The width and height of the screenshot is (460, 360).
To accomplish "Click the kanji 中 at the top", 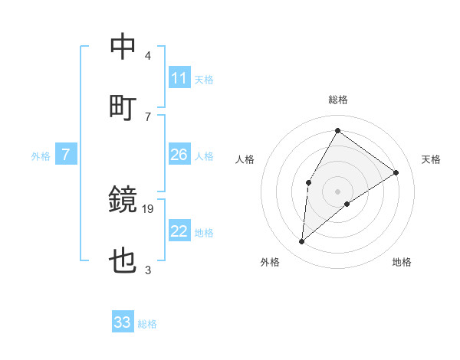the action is pyautogui.click(x=123, y=47).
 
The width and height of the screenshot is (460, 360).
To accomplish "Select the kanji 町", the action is pyautogui.click(x=123, y=108).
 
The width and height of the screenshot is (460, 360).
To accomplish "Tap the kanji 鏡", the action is pyautogui.click(x=123, y=200).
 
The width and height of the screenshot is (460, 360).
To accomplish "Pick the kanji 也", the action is pyautogui.click(x=123, y=261).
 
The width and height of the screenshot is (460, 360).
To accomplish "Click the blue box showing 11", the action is pyautogui.click(x=179, y=78).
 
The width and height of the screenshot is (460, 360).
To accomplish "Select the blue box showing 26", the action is pyautogui.click(x=179, y=155).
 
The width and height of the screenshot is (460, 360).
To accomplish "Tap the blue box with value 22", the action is pyautogui.click(x=179, y=231).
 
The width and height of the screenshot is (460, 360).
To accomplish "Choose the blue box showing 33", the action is pyautogui.click(x=123, y=322).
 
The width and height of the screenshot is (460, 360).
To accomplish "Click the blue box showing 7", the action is pyautogui.click(x=66, y=155).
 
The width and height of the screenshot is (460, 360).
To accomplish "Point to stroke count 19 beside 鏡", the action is pyautogui.click(x=148, y=208).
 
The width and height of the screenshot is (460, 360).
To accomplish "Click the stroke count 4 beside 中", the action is pyautogui.click(x=148, y=56).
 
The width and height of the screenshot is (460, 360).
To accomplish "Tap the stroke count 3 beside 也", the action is pyautogui.click(x=148, y=270).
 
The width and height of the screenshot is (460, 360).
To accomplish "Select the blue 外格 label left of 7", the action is pyautogui.click(x=41, y=156).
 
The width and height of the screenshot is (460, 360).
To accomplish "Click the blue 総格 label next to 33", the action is pyautogui.click(x=147, y=324).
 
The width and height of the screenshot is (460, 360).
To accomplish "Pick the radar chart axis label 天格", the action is pyautogui.click(x=431, y=159).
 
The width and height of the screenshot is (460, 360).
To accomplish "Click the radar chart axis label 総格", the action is pyautogui.click(x=338, y=100).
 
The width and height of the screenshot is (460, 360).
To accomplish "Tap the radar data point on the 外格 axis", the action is pyautogui.click(x=302, y=242).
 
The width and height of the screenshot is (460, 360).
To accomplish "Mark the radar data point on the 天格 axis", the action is pyautogui.click(x=396, y=172).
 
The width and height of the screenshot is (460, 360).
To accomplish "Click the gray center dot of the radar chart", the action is pyautogui.click(x=338, y=191).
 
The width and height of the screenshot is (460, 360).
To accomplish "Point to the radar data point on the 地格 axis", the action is pyautogui.click(x=347, y=204).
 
